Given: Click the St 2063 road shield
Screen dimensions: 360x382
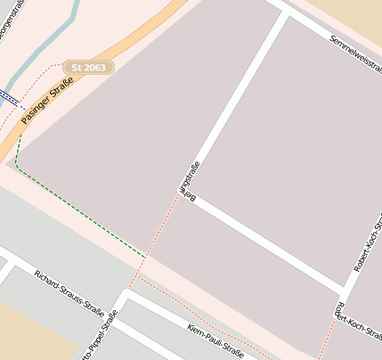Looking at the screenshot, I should coord(88,67).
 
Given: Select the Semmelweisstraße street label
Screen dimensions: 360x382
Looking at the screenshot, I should coord(354,53).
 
